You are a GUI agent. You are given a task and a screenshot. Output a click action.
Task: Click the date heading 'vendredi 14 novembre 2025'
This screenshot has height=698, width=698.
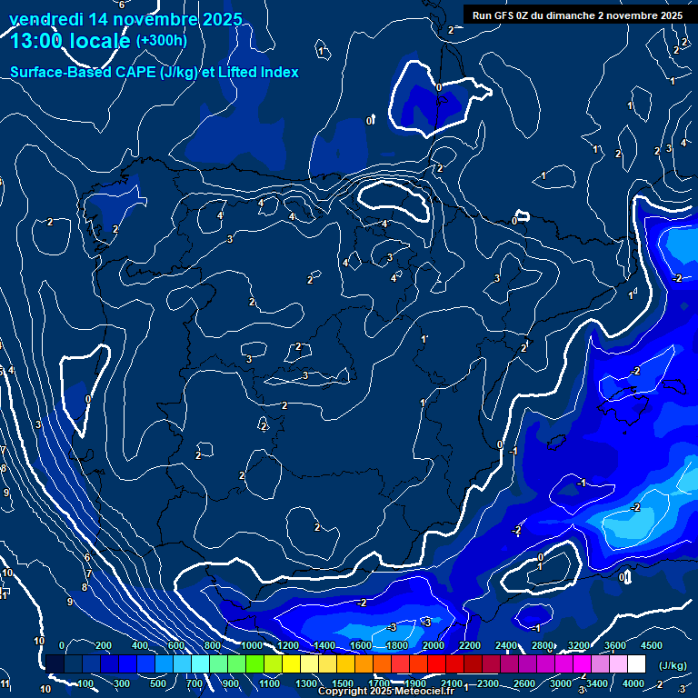125,19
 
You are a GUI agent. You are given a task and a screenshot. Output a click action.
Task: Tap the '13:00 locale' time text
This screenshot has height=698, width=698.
71,41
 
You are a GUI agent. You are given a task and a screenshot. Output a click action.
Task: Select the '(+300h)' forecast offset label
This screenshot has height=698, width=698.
161,40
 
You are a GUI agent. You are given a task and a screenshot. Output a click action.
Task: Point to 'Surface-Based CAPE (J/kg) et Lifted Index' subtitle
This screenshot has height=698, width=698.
155,72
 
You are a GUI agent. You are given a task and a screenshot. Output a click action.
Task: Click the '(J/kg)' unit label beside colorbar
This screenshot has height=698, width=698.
673,665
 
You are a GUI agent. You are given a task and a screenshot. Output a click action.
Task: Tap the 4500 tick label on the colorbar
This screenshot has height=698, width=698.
652,645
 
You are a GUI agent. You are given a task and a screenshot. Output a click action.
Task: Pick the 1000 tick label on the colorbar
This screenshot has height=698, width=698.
252,645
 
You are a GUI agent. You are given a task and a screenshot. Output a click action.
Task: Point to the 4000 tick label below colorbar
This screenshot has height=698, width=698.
633,683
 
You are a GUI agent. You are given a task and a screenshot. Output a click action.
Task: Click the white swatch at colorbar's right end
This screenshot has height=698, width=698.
636,664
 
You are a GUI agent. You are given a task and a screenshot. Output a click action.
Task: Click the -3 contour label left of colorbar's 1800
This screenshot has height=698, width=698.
392,628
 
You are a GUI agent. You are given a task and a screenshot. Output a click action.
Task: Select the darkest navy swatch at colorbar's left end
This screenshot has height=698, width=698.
55,664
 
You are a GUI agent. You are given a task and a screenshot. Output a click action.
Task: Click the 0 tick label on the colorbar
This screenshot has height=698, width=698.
62,645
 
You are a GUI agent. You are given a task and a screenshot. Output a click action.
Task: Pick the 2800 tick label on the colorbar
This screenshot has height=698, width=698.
543,645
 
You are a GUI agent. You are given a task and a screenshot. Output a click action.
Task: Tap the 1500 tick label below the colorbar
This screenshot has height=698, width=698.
343,683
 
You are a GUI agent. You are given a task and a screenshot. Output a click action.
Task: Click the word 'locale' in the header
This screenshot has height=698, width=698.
97,41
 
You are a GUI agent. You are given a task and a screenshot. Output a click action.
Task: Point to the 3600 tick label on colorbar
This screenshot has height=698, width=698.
615,645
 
